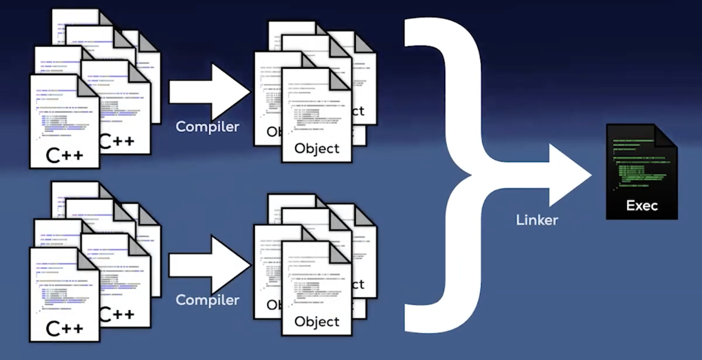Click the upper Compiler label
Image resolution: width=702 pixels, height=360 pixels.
pyautogui.click(x=207, y=127)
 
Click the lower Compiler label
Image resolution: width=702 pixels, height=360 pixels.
pyautogui.click(x=207, y=300)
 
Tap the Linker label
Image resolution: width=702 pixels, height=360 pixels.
pyautogui.click(x=537, y=220)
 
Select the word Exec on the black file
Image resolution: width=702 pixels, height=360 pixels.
pyautogui.click(x=642, y=206)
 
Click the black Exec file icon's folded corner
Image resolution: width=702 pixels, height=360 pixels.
pyautogui.click(x=666, y=136)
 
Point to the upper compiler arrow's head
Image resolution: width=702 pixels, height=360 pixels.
pyautogui.click(x=229, y=92)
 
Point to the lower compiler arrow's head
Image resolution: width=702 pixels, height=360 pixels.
pyautogui.click(x=229, y=265)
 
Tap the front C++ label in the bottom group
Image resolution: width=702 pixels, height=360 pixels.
pyautogui.click(x=64, y=329)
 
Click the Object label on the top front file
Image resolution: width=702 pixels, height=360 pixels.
pyautogui.click(x=317, y=148)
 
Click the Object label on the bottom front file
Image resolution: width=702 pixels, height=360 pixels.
pyautogui.click(x=317, y=321)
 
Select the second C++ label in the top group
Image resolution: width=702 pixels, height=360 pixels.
pyautogui.click(x=117, y=141)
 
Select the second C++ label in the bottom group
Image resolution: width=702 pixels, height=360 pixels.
pyautogui.click(x=117, y=315)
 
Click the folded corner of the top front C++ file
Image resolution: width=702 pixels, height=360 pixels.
pyautogui.click(x=88, y=86)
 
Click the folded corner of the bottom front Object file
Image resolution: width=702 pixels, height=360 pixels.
pyautogui.click(x=340, y=252)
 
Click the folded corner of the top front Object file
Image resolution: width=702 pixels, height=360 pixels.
pyautogui.click(x=340, y=79)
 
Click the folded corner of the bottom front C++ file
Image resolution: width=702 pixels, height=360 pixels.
pyautogui.click(x=88, y=259)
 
